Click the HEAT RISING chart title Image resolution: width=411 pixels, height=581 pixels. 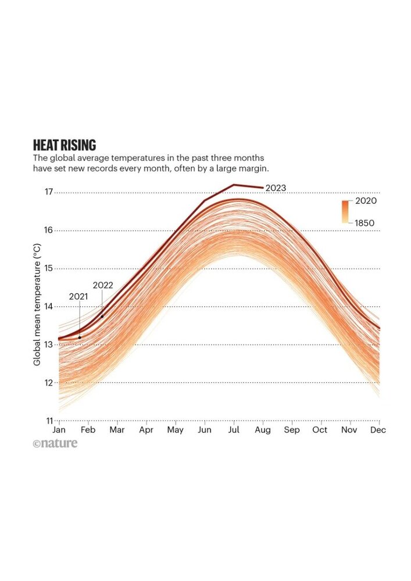[x=65, y=145]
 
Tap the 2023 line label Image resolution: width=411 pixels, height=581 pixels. [x=276, y=188]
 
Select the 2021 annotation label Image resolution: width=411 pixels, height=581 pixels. [x=78, y=296]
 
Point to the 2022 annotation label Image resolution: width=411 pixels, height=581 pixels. [x=103, y=286]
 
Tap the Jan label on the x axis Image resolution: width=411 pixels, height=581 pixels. [x=59, y=431]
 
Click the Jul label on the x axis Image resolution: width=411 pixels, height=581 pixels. [x=234, y=431]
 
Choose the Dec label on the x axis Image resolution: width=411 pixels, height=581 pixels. [x=379, y=431]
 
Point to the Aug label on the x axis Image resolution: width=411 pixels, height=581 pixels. [x=263, y=431]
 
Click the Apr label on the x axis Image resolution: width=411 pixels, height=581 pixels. [x=146, y=431]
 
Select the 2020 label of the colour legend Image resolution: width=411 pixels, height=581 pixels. [x=366, y=201]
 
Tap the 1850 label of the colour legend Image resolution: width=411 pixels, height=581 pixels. [x=364, y=223]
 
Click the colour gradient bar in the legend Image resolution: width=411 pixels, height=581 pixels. [x=345, y=211]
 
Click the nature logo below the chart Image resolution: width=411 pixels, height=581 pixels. [x=55, y=444]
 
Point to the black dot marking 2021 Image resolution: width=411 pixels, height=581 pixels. [x=80, y=337]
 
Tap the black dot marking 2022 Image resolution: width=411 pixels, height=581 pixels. [x=102, y=316]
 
